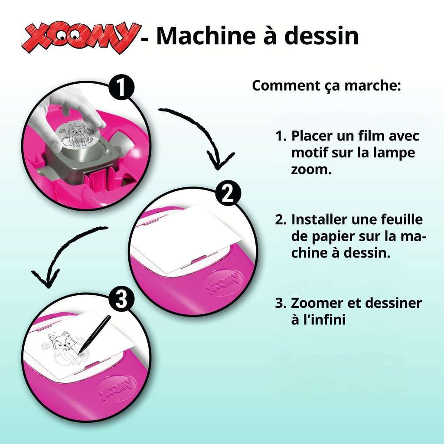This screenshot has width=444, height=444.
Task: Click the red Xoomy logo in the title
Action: pyautogui.click(x=81, y=37)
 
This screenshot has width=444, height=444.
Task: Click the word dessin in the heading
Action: pyautogui.click(x=321, y=36)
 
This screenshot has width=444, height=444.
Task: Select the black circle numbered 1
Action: pyautogui.click(x=122, y=88)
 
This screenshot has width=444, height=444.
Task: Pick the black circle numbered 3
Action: pyautogui.click(x=122, y=300)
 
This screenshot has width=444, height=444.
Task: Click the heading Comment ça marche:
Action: pyautogui.click(x=326, y=86)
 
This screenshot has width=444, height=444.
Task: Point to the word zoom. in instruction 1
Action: pyautogui.click(x=311, y=170)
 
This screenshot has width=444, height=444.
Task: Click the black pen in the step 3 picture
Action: pyautogui.click(x=94, y=334)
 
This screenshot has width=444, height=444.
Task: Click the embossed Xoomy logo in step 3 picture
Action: pyautogui.click(x=117, y=388)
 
